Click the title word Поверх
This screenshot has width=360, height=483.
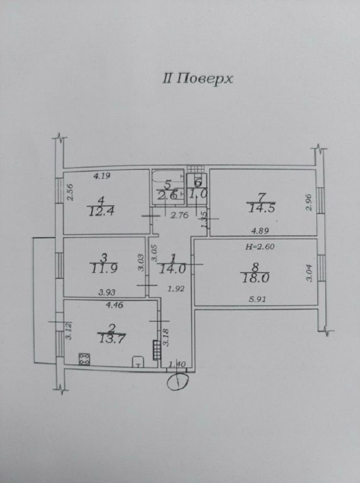pos(205,79)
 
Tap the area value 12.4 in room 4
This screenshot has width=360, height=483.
pos(101,211)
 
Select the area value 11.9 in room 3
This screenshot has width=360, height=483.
pos(104,268)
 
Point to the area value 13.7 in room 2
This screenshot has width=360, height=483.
pos(112,339)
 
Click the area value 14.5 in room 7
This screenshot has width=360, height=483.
pos(262,208)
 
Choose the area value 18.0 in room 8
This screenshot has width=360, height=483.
pos(255,278)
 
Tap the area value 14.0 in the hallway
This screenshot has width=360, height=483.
pos(172,269)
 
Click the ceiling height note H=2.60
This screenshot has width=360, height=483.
pos(260,247)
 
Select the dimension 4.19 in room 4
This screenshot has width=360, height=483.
pos(102,176)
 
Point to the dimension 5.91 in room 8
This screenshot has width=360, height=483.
pos(257,299)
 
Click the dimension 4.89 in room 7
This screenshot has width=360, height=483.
pos(260,230)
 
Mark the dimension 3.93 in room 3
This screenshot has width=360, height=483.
pos(107,292)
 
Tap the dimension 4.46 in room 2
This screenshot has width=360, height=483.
pos(114,305)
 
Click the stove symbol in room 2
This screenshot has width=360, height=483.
pos(85,359)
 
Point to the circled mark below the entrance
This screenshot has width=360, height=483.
pos(178,382)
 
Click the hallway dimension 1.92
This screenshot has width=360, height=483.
pos(176,289)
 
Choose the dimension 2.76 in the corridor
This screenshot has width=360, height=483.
pos(179,215)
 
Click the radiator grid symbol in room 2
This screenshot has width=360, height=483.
pos(157,350)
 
